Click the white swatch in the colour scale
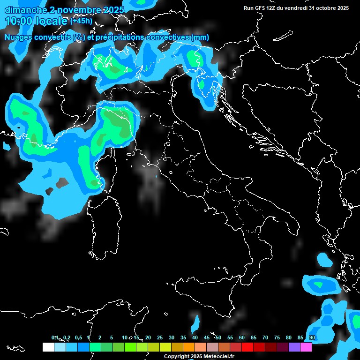coord(48,347)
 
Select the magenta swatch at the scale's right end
coord(306,347)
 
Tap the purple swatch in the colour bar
coord(294,347)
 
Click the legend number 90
coord(312,337)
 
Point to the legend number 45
coord(207,337)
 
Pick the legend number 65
coord(254,337)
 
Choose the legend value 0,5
coord(78,337)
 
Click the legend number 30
coord(172,337)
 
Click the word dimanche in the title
coord(23,10)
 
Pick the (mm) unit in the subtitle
coord(201,37)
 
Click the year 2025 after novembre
coord(114,10)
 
